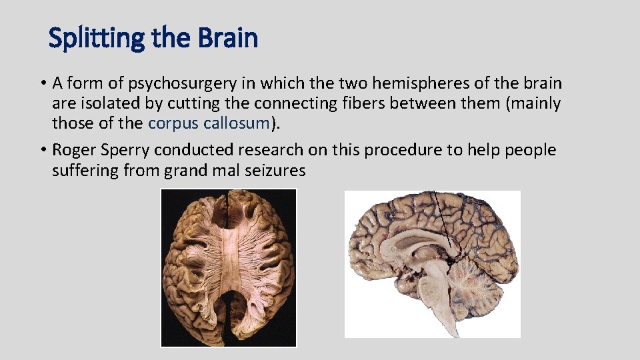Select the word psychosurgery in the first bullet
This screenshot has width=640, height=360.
pyautogui.click(x=183, y=83)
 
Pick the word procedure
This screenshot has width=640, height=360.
pyautogui.click(x=388, y=150)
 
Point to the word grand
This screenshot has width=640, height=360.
pyautogui.click(x=189, y=171)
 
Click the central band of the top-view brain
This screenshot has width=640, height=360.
pyautogui.click(x=228, y=267)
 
